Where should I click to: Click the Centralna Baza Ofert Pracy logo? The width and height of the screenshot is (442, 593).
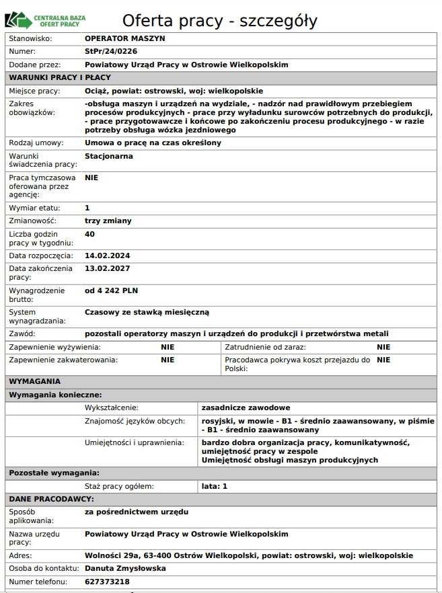pos(46,19)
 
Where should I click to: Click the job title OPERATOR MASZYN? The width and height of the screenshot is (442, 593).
pos(124,38)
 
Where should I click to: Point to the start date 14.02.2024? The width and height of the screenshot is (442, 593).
pos(107,256)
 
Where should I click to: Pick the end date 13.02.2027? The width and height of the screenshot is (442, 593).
pos(107,268)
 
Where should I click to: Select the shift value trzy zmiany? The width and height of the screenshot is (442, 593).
pos(108,221)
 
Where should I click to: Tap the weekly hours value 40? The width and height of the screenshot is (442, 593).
pos(90,234)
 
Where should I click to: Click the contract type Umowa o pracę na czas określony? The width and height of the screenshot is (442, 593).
pos(153,143)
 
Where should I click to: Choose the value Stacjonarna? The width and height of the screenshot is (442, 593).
pos(109,156)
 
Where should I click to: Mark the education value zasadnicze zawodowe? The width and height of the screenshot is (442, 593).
pos(246,407)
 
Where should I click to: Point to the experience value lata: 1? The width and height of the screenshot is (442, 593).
pos(215,485)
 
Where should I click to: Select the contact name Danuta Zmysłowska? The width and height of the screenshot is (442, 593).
pos(126,568)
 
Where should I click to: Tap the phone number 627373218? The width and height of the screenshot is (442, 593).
pos(107,582)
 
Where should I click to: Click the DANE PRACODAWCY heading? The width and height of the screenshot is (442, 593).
pos(51,499)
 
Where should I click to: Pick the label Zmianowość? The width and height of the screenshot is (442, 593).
pos(32,221)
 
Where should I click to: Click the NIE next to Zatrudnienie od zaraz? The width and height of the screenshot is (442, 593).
pos(383,347)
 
